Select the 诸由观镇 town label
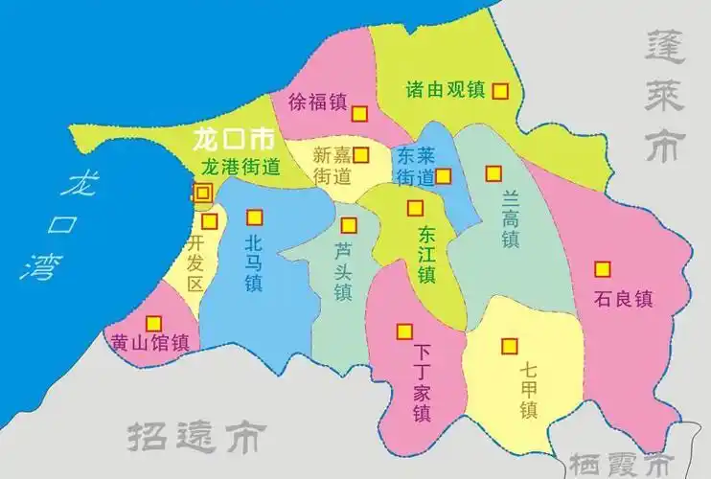[447, 90]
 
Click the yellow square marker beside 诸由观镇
[499, 91]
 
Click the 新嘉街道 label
[332, 166]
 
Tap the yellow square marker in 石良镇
[603, 269]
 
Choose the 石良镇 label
[623, 298]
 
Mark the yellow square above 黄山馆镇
[153, 324]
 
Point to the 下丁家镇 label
[421, 384]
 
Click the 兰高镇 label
[510, 217]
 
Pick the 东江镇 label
[426, 252]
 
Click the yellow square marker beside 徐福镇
[359, 113]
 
